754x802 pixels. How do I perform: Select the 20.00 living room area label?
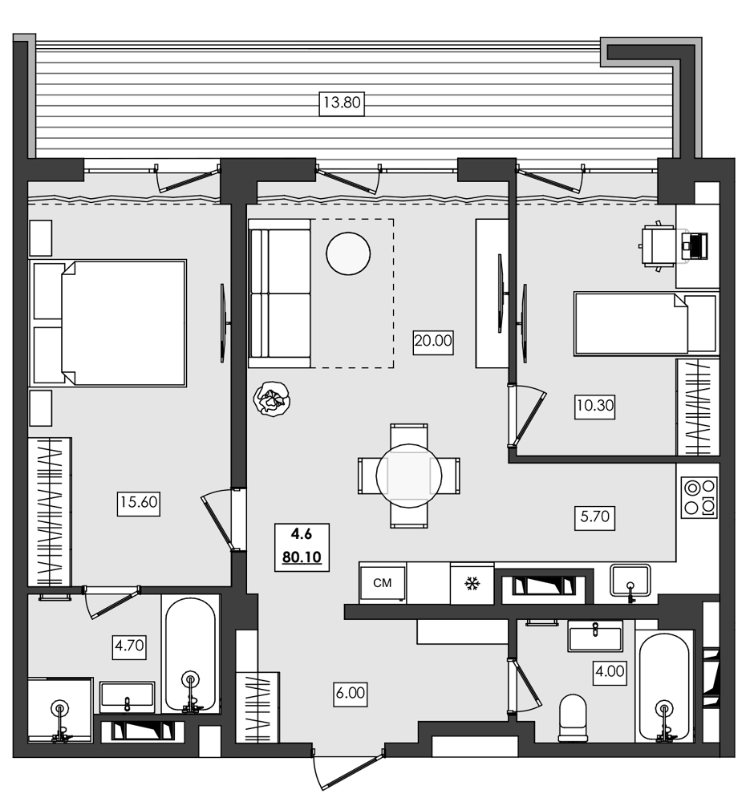coord(433,340)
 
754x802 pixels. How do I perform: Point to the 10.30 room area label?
coord(594,406)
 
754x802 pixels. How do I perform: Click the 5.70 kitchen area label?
coord(594,517)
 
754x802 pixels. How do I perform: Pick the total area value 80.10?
coord(302,556)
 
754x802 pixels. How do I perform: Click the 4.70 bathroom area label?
coord(128,645)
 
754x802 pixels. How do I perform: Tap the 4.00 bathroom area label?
coord(610,670)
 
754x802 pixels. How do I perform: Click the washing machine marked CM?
coord(383,583)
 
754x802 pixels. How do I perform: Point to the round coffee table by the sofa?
coord(348,253)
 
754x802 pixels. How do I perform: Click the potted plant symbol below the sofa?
coord(271,399)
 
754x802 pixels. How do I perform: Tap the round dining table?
coord(409,476)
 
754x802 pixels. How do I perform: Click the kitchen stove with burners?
coord(698,498)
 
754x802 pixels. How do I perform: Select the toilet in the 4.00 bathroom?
coord(573,716)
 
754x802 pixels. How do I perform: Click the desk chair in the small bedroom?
coord(659,246)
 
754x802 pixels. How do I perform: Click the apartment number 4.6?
coord(302,533)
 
